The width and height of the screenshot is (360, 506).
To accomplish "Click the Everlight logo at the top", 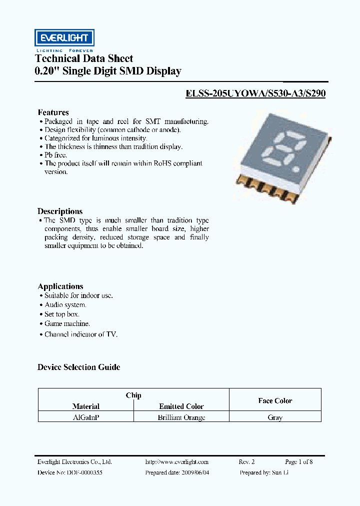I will point(64,38).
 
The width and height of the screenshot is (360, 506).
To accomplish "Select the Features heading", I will point(53,112).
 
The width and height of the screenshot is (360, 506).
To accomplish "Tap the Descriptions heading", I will point(60,211).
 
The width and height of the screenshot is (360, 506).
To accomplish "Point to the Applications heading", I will point(60,286).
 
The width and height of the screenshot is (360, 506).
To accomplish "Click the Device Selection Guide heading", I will point(79,367).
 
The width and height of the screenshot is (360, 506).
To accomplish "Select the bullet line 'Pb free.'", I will point(55,155).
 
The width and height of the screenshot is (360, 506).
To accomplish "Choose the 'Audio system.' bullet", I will point(65,304).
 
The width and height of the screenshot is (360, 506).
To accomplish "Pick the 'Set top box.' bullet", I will point(62,314).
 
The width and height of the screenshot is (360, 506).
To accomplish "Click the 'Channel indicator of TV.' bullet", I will point(80,334).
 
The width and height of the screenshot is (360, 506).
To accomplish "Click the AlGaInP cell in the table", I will point(86,417).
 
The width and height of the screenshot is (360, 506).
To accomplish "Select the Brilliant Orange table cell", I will point(181,417).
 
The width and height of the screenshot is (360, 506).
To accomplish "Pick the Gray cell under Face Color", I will point(275,417).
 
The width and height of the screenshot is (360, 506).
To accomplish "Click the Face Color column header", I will point(275,400).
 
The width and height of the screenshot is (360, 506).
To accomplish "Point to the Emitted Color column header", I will point(181,406).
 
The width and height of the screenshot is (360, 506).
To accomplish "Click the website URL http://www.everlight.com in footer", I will point(176,462).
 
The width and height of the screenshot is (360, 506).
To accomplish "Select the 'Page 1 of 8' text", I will point(298,462).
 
